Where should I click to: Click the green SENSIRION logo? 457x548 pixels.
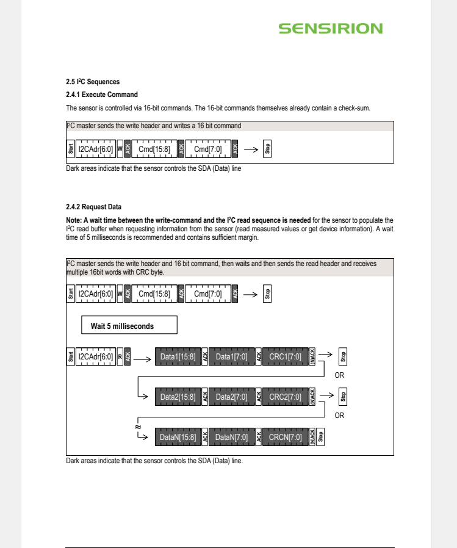[331, 29]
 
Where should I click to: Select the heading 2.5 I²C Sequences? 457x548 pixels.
[93, 82]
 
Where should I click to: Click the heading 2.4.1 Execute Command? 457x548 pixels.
[102, 95]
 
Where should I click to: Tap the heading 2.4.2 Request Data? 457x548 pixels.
[93, 207]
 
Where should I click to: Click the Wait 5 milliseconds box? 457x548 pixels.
[129, 325]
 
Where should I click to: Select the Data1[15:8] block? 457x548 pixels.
[178, 356]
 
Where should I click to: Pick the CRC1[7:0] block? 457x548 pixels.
[285, 356]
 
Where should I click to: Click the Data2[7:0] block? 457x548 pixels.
[231, 397]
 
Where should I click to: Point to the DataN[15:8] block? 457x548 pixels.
[178, 437]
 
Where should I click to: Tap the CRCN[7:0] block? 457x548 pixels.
[285, 437]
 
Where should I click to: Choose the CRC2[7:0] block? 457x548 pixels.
[285, 397]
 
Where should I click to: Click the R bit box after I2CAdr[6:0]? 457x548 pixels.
[120, 356]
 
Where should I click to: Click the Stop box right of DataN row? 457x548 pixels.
[320, 437]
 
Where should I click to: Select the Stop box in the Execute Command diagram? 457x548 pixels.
[267, 149]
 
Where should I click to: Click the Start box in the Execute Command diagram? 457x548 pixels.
[71, 149]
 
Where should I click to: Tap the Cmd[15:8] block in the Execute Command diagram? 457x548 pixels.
[154, 149]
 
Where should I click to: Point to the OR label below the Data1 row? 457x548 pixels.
[339, 375]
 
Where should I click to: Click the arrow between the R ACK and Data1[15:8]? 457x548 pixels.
[142, 359]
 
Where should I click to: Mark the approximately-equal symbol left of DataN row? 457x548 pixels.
[138, 427]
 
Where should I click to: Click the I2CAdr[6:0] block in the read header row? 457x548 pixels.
[96, 356]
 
